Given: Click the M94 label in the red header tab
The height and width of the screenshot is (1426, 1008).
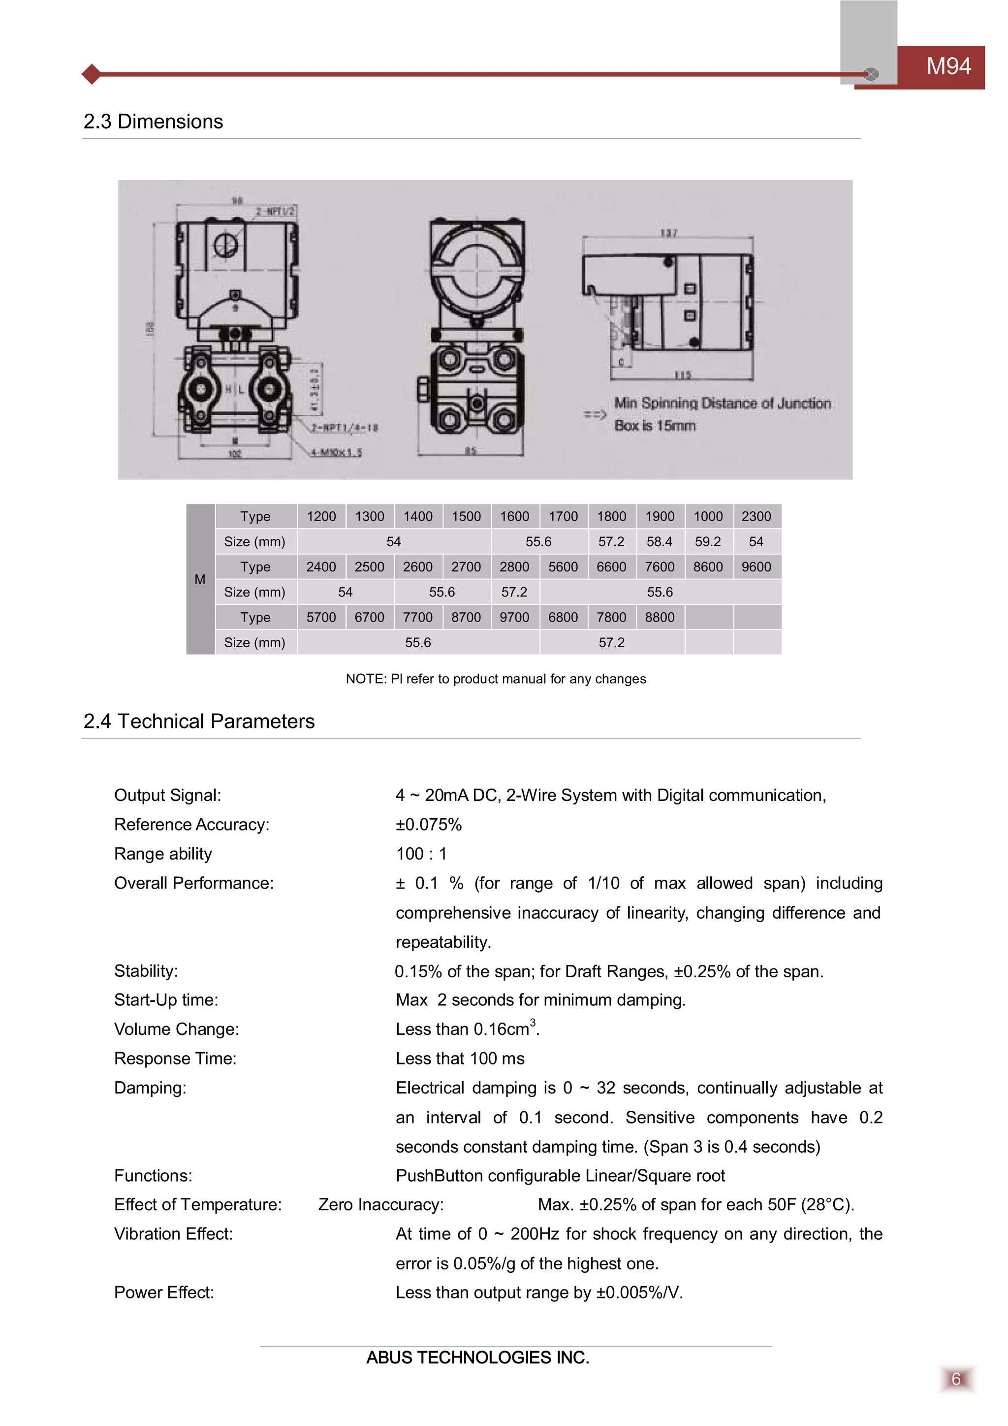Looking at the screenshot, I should (948, 66).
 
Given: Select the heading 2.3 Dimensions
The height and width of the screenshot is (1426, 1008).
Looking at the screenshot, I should (153, 121).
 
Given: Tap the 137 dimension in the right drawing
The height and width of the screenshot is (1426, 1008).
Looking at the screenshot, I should (668, 233).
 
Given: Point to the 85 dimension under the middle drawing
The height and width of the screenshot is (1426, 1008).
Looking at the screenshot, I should (471, 451).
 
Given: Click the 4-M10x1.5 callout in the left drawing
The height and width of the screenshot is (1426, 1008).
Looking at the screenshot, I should (337, 452).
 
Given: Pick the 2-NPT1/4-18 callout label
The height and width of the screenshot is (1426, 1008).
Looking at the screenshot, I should (345, 427).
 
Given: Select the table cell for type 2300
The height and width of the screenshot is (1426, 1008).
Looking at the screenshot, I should (756, 516).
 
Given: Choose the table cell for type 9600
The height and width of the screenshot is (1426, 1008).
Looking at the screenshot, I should (756, 566).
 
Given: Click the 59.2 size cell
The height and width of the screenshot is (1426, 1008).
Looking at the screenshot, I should (708, 541).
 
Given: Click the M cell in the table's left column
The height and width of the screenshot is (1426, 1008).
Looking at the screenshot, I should (200, 579).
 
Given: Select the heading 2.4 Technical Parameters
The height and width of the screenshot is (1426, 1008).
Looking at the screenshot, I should (199, 721).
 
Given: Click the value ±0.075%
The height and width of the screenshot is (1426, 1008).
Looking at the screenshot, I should (429, 825).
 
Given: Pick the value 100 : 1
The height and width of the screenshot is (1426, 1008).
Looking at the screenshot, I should (421, 854).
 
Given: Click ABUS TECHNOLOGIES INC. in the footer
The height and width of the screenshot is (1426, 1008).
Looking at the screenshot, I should (477, 1358).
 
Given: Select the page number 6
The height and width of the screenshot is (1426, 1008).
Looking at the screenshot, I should (956, 1379).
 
